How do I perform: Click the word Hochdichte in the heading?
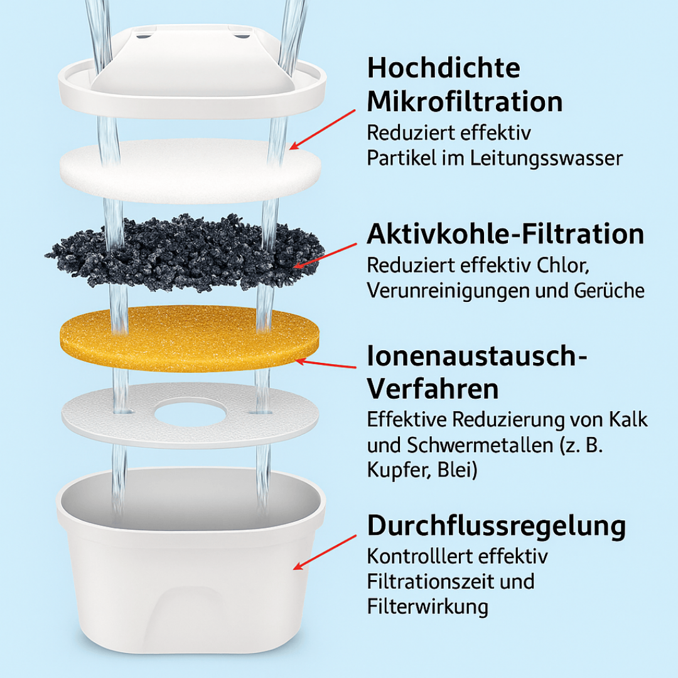[443, 68]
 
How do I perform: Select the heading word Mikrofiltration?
[465, 102]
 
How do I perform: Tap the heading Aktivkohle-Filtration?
[505, 235]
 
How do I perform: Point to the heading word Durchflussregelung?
[497, 526]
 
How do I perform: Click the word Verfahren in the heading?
[433, 389]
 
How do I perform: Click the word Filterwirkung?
[427, 606]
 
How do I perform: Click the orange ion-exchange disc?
[188, 338]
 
